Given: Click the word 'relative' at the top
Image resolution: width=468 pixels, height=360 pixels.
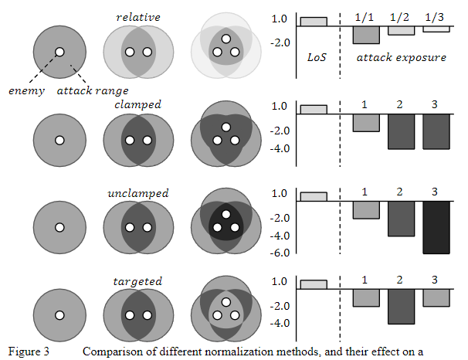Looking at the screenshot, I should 138,17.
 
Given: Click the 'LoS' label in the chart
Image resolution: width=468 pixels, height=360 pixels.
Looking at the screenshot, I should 317,57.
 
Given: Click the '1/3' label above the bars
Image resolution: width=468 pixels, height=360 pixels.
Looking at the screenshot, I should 436,16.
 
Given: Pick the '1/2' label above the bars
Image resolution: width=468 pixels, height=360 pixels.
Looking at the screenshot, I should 400,16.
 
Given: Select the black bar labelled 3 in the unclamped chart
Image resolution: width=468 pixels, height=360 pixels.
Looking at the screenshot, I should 436,227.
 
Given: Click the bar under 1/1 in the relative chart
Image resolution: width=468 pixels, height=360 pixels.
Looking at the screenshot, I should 365,35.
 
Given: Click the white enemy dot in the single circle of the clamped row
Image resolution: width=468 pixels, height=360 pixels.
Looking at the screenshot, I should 59,141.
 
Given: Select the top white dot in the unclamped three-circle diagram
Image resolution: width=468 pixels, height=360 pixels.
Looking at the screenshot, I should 225,214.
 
